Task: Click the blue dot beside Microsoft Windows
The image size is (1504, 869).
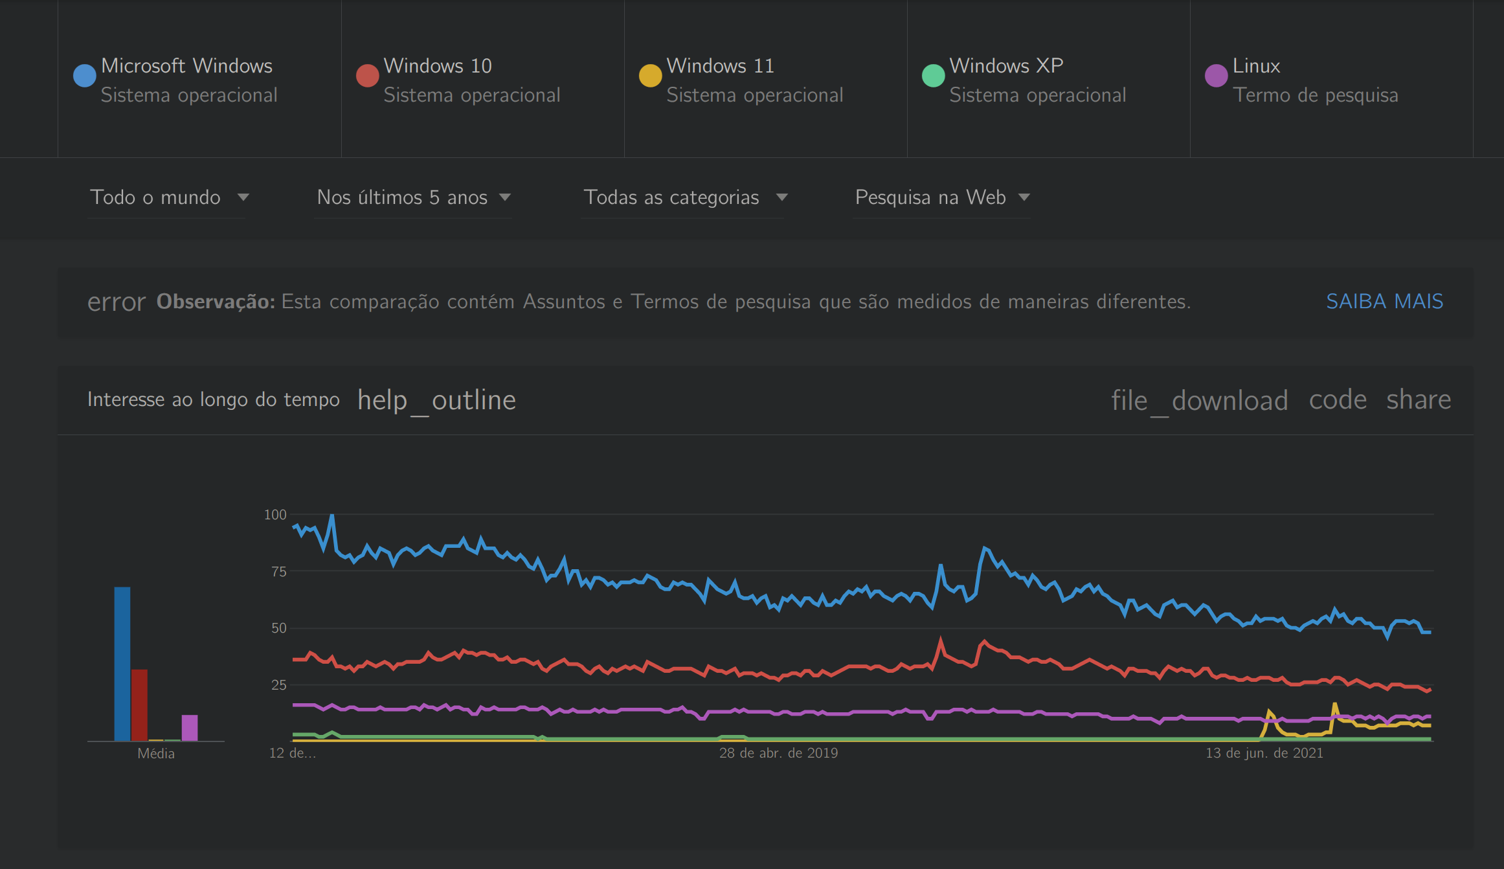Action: [85, 76]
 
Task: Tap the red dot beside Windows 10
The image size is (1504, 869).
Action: [367, 76]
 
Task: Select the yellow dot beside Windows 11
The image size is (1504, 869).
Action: [650, 76]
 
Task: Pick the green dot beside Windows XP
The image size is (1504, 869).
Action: [933, 76]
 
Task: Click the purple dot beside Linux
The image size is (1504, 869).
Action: [1216, 76]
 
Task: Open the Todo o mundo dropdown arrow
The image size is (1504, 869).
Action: [243, 198]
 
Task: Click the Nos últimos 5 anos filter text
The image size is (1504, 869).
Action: [402, 198]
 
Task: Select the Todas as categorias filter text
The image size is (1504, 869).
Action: [671, 198]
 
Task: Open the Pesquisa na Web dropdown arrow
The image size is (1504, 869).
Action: [1024, 198]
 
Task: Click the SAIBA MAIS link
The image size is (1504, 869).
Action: [1384, 302]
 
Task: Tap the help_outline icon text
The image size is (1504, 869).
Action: [436, 400]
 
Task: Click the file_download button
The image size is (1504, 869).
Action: [1199, 400]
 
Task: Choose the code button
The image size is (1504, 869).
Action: [1338, 400]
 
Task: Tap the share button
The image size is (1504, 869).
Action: [1419, 400]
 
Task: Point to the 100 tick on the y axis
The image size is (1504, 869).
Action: [275, 515]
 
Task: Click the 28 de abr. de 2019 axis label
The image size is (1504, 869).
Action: [778, 753]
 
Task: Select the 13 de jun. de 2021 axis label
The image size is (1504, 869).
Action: [1264, 753]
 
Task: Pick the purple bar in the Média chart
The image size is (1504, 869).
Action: [190, 728]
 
